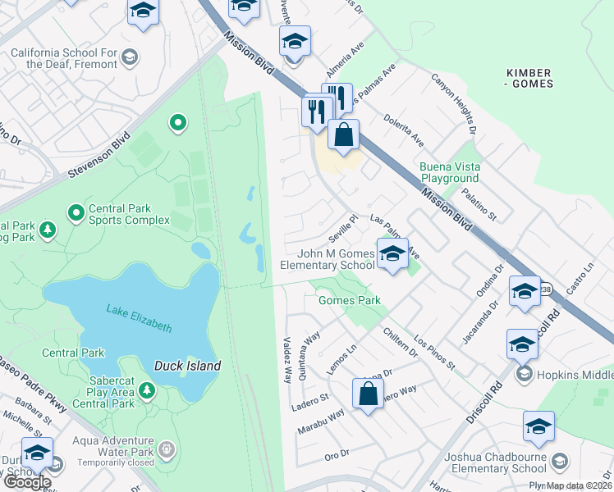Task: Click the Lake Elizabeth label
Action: click(140, 317)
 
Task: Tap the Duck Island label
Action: click(187, 366)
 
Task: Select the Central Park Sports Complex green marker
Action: click(76, 214)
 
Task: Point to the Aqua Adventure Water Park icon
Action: click(167, 449)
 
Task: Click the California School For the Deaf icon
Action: click(129, 57)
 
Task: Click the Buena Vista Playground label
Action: click(449, 172)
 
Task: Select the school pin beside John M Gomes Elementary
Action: click(392, 254)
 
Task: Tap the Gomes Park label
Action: click(349, 301)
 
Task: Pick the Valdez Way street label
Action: click(287, 359)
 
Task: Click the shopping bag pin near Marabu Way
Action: click(369, 393)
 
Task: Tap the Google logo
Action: click(27, 483)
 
